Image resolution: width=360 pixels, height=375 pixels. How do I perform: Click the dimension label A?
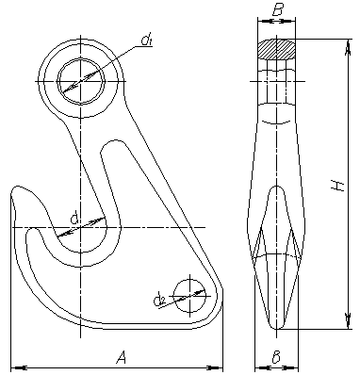(122, 357)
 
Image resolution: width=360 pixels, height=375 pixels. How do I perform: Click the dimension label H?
(337, 186)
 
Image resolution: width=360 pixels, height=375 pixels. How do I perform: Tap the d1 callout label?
(146, 41)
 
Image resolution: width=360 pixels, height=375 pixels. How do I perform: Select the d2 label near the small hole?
(160, 301)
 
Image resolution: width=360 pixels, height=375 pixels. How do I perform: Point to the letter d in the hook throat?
(74, 219)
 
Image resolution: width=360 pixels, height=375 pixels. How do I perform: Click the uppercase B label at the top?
(277, 10)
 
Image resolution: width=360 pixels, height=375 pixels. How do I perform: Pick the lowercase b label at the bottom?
(276, 357)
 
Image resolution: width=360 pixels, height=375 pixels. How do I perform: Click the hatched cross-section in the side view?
(276, 49)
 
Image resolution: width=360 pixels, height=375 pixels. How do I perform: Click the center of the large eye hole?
(81, 81)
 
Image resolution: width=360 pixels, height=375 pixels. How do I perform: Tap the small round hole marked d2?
(189, 296)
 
